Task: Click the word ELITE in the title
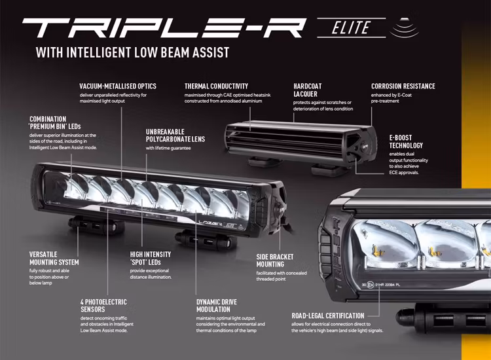pos(351,27)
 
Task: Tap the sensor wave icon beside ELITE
pos(405,29)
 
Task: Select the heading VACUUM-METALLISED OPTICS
pos(118,86)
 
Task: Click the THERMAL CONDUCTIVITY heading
pos(216,86)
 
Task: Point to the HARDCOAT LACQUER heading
pos(307,90)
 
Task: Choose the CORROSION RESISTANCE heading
pos(403,86)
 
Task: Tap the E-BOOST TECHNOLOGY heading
pos(406,141)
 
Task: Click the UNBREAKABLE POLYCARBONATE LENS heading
pos(175,135)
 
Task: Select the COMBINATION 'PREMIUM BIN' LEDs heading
pos(55,122)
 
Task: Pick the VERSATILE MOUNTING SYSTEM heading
pos(54,259)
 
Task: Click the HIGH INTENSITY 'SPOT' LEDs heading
pos(151,259)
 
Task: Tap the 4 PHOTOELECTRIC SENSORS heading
pos(103,306)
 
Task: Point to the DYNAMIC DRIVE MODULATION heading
pos(217,306)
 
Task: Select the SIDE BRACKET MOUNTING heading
pos(275,261)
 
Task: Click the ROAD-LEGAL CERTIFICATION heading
pos(328,315)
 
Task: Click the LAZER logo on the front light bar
pos(211,223)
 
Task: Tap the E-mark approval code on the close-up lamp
pos(380,285)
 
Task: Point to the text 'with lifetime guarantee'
pos(168,148)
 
